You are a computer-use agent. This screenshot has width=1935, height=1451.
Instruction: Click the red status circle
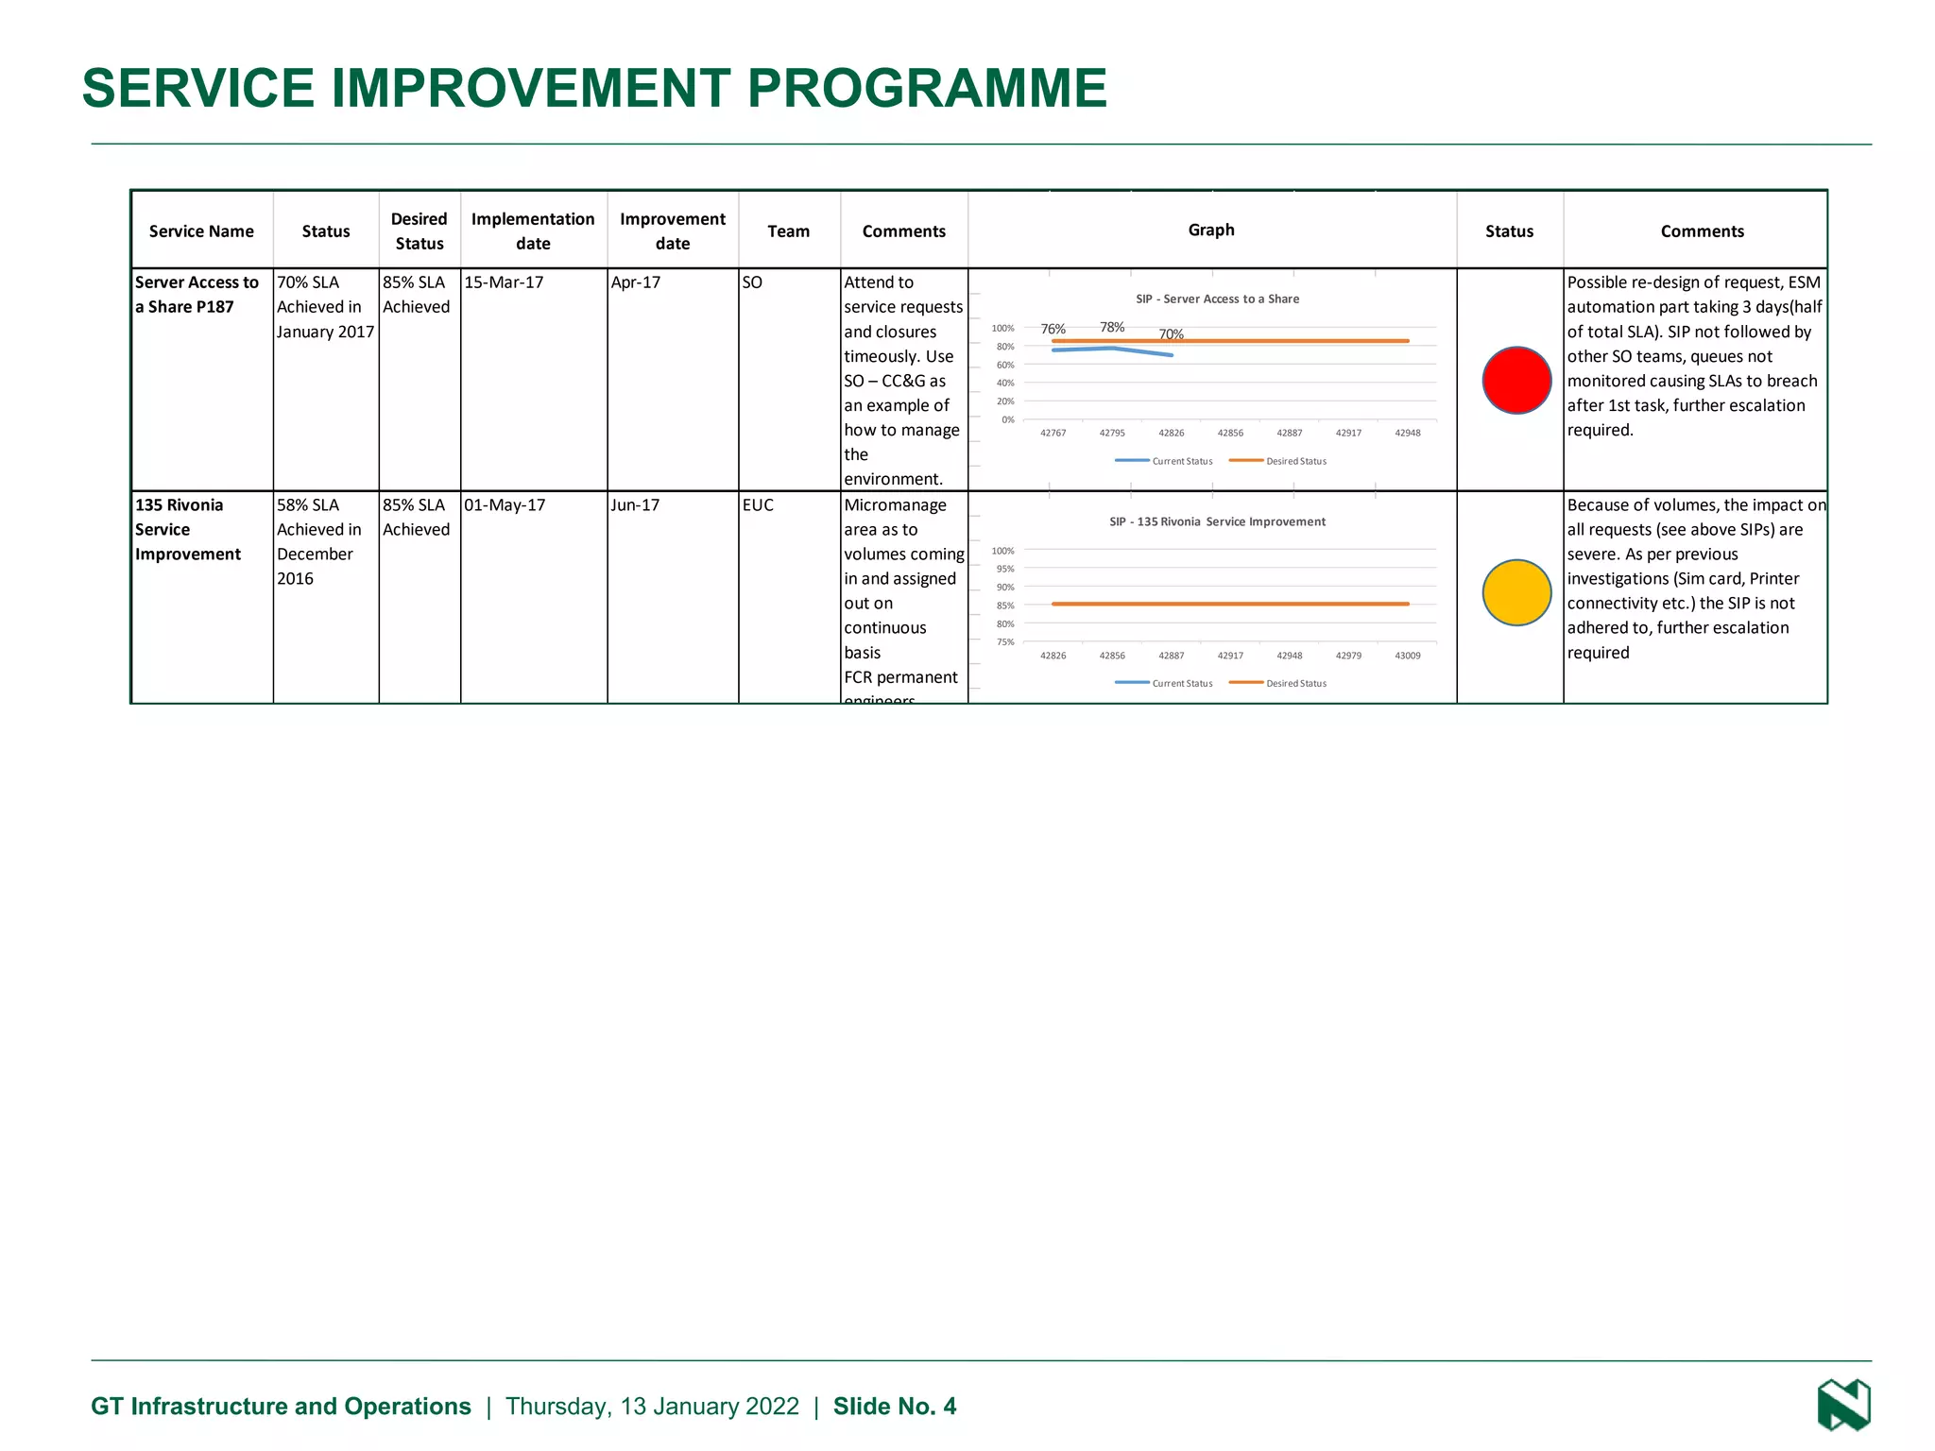pos(1516,380)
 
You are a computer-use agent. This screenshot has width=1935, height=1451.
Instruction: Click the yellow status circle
pos(1516,592)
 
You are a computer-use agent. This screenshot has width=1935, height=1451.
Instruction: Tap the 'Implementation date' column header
pos(533,231)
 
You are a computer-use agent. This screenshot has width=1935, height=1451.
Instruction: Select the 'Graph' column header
pos(1211,230)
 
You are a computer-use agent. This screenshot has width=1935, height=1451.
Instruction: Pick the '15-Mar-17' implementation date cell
pos(504,282)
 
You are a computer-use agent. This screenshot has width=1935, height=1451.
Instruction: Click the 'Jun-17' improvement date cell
pos(635,505)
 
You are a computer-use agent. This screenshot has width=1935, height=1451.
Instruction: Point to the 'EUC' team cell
pos(758,505)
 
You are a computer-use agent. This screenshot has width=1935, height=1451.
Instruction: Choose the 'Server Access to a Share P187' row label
pos(197,295)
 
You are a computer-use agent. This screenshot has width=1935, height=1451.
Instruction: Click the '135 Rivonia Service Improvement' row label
pos(187,530)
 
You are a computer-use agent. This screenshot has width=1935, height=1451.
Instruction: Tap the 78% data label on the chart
pos(1112,327)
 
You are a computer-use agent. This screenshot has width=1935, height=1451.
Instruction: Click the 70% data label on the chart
pos(1172,334)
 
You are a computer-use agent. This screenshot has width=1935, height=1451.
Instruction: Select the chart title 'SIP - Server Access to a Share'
pos(1217,299)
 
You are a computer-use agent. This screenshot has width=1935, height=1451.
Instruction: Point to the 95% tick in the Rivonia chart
pos(1005,569)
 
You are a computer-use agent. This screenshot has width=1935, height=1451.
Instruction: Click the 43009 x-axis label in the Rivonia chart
pos(1408,656)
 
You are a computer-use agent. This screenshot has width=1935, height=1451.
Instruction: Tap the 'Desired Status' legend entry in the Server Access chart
pos(1295,461)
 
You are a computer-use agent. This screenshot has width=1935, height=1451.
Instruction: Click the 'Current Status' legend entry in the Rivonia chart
pos(1181,683)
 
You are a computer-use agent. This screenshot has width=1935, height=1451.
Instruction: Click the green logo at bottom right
pos(1843,1405)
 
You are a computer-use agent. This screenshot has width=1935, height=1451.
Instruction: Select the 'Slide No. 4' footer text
pos(894,1407)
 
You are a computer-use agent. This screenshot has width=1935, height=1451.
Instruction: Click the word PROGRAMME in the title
pos(927,88)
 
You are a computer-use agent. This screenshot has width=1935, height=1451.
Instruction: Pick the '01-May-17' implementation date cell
pos(505,505)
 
